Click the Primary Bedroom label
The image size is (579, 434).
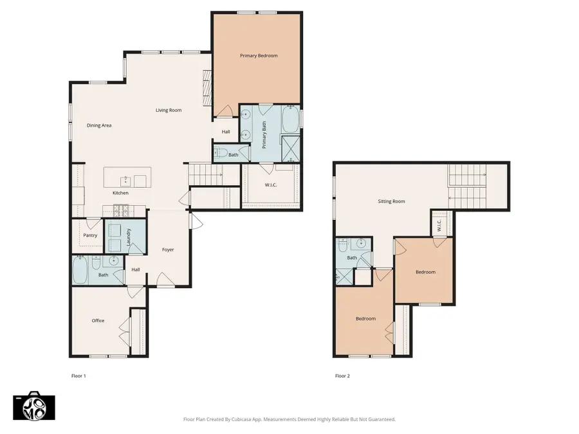coord(259,56)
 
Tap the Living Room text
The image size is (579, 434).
coord(169,110)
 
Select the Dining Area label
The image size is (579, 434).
coord(99,125)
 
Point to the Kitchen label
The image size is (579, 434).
coord(120,193)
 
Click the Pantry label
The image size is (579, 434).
coord(90,235)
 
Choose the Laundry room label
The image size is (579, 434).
coord(129,237)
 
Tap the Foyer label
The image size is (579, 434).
coord(168,250)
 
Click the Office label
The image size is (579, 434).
coord(98,321)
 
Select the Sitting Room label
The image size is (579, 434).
coord(391,201)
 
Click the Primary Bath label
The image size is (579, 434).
coord(264,135)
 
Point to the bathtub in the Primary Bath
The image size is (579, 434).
coord(291,119)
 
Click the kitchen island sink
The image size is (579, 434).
coord(125,181)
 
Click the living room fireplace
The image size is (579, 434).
coord(207,88)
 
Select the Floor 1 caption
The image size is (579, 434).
coord(78,376)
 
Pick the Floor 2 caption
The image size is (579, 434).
coord(342,376)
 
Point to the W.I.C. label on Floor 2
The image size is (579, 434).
coord(439,225)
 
